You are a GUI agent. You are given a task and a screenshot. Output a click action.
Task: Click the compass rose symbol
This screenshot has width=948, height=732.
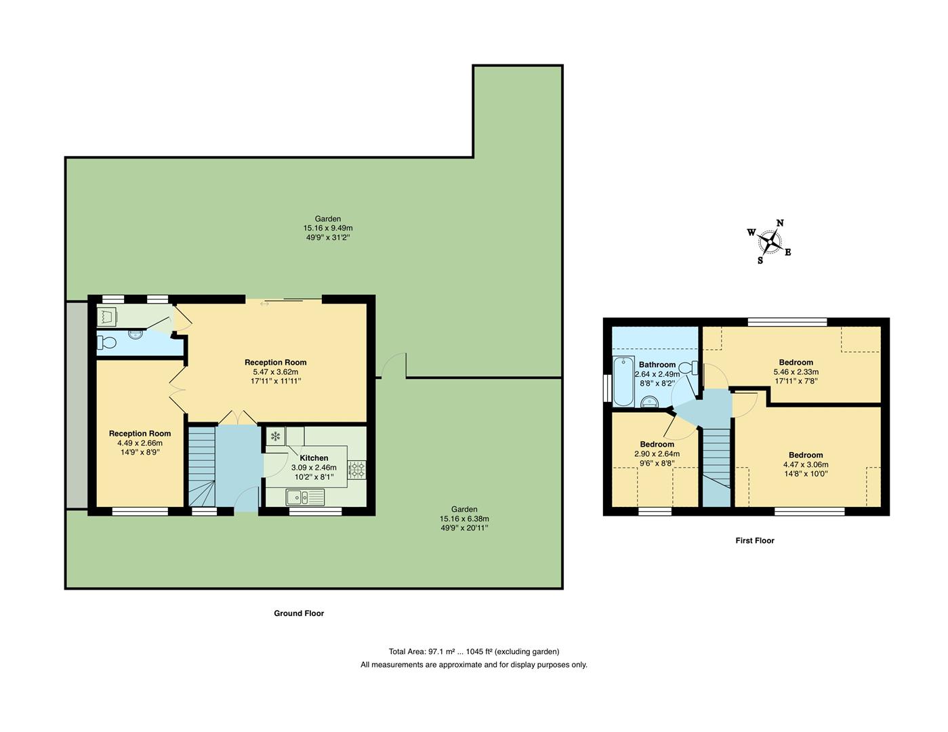tap(769, 241)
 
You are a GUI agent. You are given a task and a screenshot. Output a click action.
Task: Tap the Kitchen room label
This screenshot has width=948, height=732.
tap(314, 458)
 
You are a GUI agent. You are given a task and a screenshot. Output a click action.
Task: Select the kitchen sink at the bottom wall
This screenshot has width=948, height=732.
tap(306, 497)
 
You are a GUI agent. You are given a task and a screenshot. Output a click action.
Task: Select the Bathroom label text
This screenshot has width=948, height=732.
tap(657, 365)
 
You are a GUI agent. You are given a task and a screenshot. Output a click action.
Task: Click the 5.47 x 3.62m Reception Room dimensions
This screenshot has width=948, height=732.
tap(275, 371)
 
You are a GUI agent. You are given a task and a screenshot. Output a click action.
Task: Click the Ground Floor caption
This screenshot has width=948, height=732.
tap(299, 613)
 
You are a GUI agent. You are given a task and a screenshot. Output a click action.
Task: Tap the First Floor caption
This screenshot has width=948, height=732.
tap(754, 541)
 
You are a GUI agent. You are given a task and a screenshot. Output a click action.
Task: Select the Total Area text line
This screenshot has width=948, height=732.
tap(474, 651)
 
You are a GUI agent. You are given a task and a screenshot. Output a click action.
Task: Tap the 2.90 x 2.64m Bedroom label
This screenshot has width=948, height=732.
tap(657, 454)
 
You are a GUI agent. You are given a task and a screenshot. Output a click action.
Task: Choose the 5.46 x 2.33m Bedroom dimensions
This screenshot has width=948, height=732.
tap(796, 372)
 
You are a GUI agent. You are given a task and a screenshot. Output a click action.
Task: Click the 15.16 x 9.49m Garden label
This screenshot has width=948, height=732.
tap(328, 228)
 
